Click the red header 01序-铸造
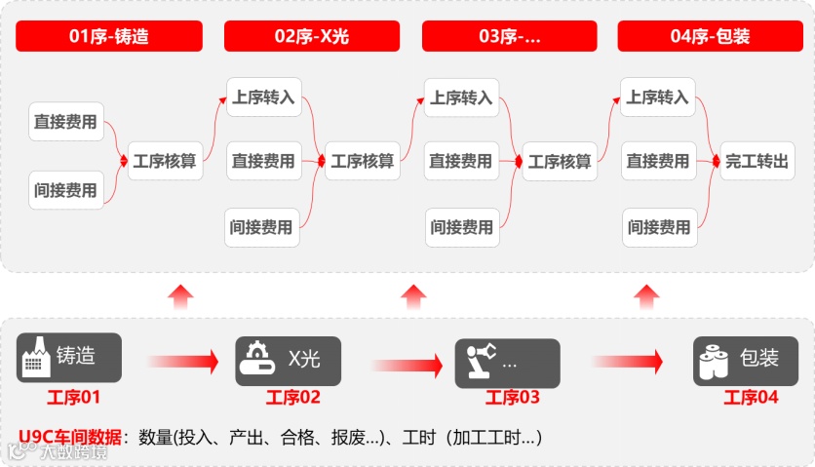(x=108, y=37)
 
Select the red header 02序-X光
(x=311, y=37)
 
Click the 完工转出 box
(x=757, y=162)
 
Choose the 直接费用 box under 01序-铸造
(x=65, y=123)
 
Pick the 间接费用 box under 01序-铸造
(x=65, y=190)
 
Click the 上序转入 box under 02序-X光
(x=262, y=98)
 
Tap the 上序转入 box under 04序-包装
(x=657, y=98)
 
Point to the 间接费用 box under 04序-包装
(x=658, y=228)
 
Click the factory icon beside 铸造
(x=35, y=359)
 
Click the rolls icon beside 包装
(x=714, y=361)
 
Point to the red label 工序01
(x=73, y=398)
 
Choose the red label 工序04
(x=751, y=398)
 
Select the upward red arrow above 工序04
(x=644, y=296)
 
